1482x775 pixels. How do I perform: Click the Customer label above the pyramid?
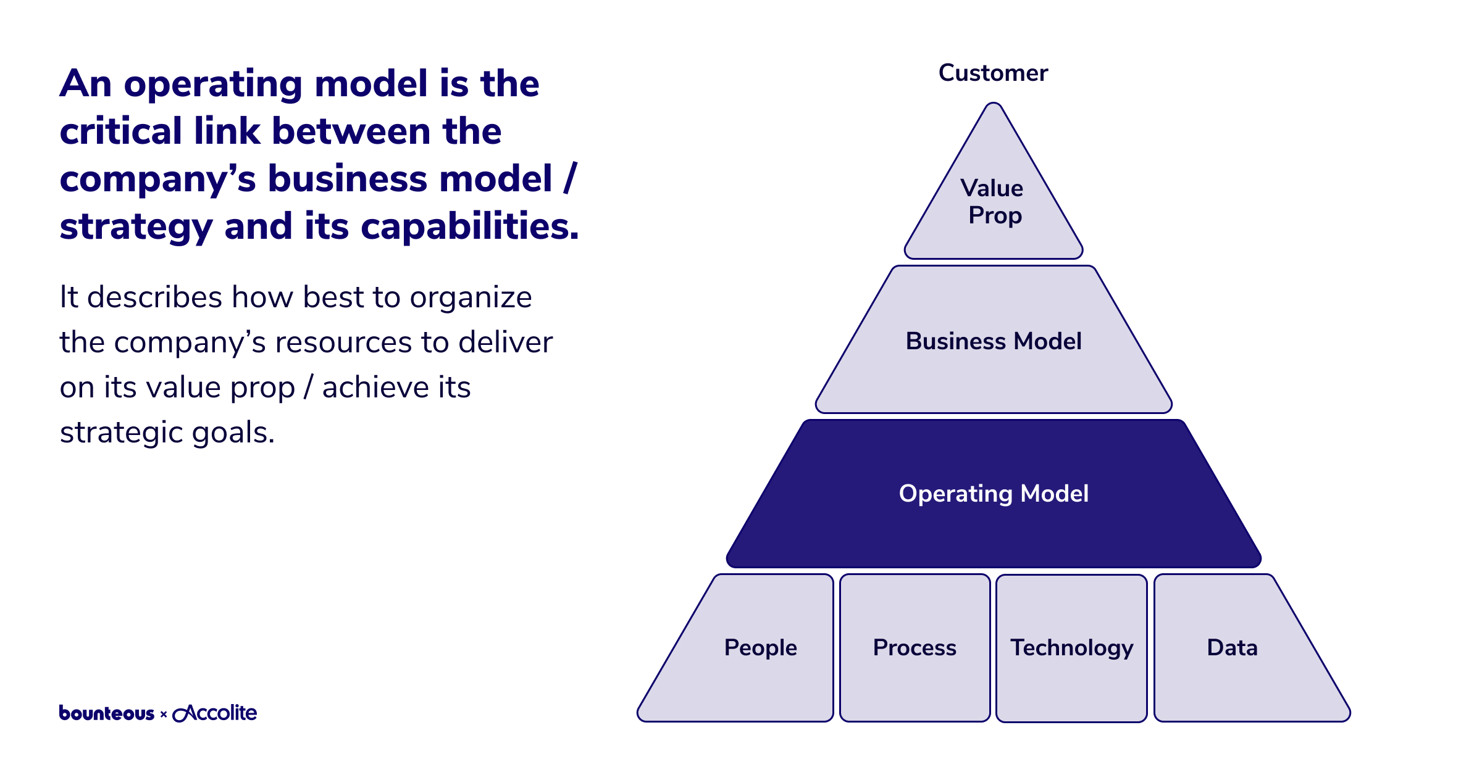click(993, 73)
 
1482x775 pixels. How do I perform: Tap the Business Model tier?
click(993, 341)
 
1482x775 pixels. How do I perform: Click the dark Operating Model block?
click(993, 494)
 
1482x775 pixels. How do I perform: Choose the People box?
click(760, 648)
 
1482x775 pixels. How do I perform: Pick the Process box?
click(915, 648)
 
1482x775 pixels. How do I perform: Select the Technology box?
click(1071, 648)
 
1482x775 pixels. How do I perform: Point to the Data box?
click(1232, 648)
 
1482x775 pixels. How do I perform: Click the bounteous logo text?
click(106, 713)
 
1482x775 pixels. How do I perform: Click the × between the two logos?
click(164, 715)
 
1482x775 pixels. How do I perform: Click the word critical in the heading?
click(120, 131)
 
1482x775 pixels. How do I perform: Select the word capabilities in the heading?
click(469, 226)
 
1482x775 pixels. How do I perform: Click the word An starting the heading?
click(86, 84)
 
